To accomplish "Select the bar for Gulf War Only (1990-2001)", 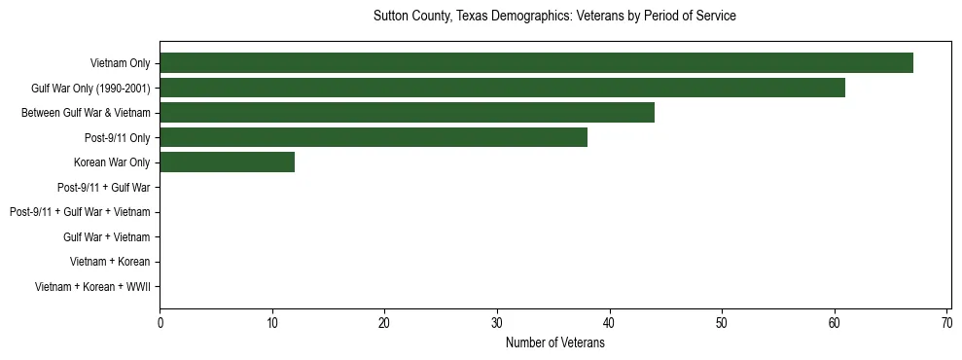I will pos(502,89).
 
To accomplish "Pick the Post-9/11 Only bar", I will pos(374,138).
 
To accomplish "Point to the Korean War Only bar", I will pos(227,162).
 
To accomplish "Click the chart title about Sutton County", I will pos(554,17).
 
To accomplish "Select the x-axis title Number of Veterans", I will pos(554,343).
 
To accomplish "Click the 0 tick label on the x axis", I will pos(160,324).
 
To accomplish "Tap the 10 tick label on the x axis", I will pos(272,324).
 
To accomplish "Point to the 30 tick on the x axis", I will pos(497,324).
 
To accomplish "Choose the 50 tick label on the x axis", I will pos(722,324).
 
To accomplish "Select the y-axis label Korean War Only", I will pos(112,162).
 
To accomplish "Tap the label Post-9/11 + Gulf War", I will pos(103,188).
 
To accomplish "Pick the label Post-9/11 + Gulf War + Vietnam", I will pos(80,212).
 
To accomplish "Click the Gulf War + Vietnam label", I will pos(106,237).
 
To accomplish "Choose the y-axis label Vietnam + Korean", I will pos(110,262).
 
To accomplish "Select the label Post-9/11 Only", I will pos(117,138).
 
